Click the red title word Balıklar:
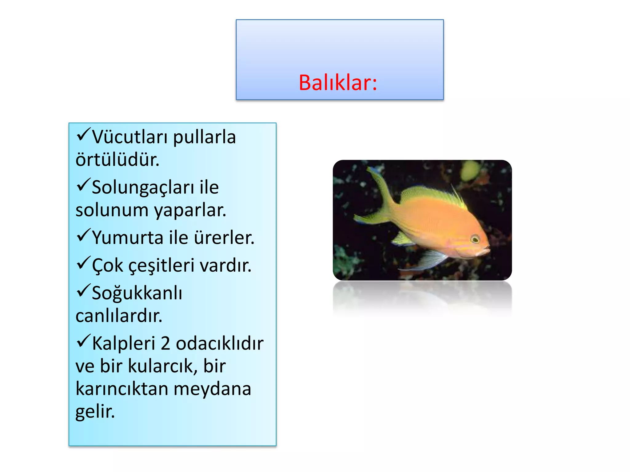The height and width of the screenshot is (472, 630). pyautogui.click(x=338, y=83)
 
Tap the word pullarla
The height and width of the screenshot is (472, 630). pyautogui.click(x=204, y=137)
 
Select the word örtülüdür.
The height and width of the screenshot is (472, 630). pyautogui.click(x=118, y=160)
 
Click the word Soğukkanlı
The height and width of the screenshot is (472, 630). pyautogui.click(x=137, y=293)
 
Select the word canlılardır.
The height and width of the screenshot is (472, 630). pyautogui.click(x=119, y=316)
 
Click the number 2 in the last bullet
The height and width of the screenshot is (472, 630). pyautogui.click(x=165, y=343)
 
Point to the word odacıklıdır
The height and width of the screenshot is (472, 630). pyautogui.click(x=220, y=343)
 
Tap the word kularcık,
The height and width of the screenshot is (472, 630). pyautogui.click(x=163, y=366)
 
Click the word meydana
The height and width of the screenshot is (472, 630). pyautogui.click(x=212, y=389)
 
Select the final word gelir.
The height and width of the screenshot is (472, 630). pyautogui.click(x=95, y=412)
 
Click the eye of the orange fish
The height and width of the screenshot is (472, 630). pyautogui.click(x=475, y=239)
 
